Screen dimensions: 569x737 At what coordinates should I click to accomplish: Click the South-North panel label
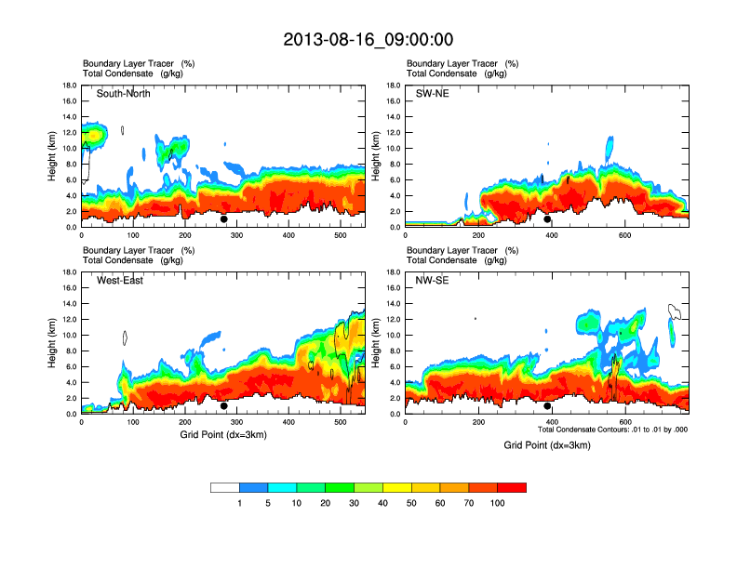124,94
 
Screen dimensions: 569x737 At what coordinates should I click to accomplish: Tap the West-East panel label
120,281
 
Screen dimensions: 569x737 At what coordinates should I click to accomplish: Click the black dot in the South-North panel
224,219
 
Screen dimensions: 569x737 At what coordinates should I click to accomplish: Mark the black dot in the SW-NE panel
548,219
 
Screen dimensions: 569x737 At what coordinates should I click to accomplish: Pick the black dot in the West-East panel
224,406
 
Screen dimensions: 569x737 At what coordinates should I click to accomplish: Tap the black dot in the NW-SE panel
548,406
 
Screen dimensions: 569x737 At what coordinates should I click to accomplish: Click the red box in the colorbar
512,487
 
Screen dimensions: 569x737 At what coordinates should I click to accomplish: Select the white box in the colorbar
225,487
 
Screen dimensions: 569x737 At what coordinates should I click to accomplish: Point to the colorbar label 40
382,503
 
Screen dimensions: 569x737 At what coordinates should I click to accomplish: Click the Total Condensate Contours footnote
612,430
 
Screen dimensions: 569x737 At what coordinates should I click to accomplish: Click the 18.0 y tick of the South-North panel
69,86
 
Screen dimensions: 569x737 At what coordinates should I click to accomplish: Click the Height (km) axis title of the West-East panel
53,343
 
